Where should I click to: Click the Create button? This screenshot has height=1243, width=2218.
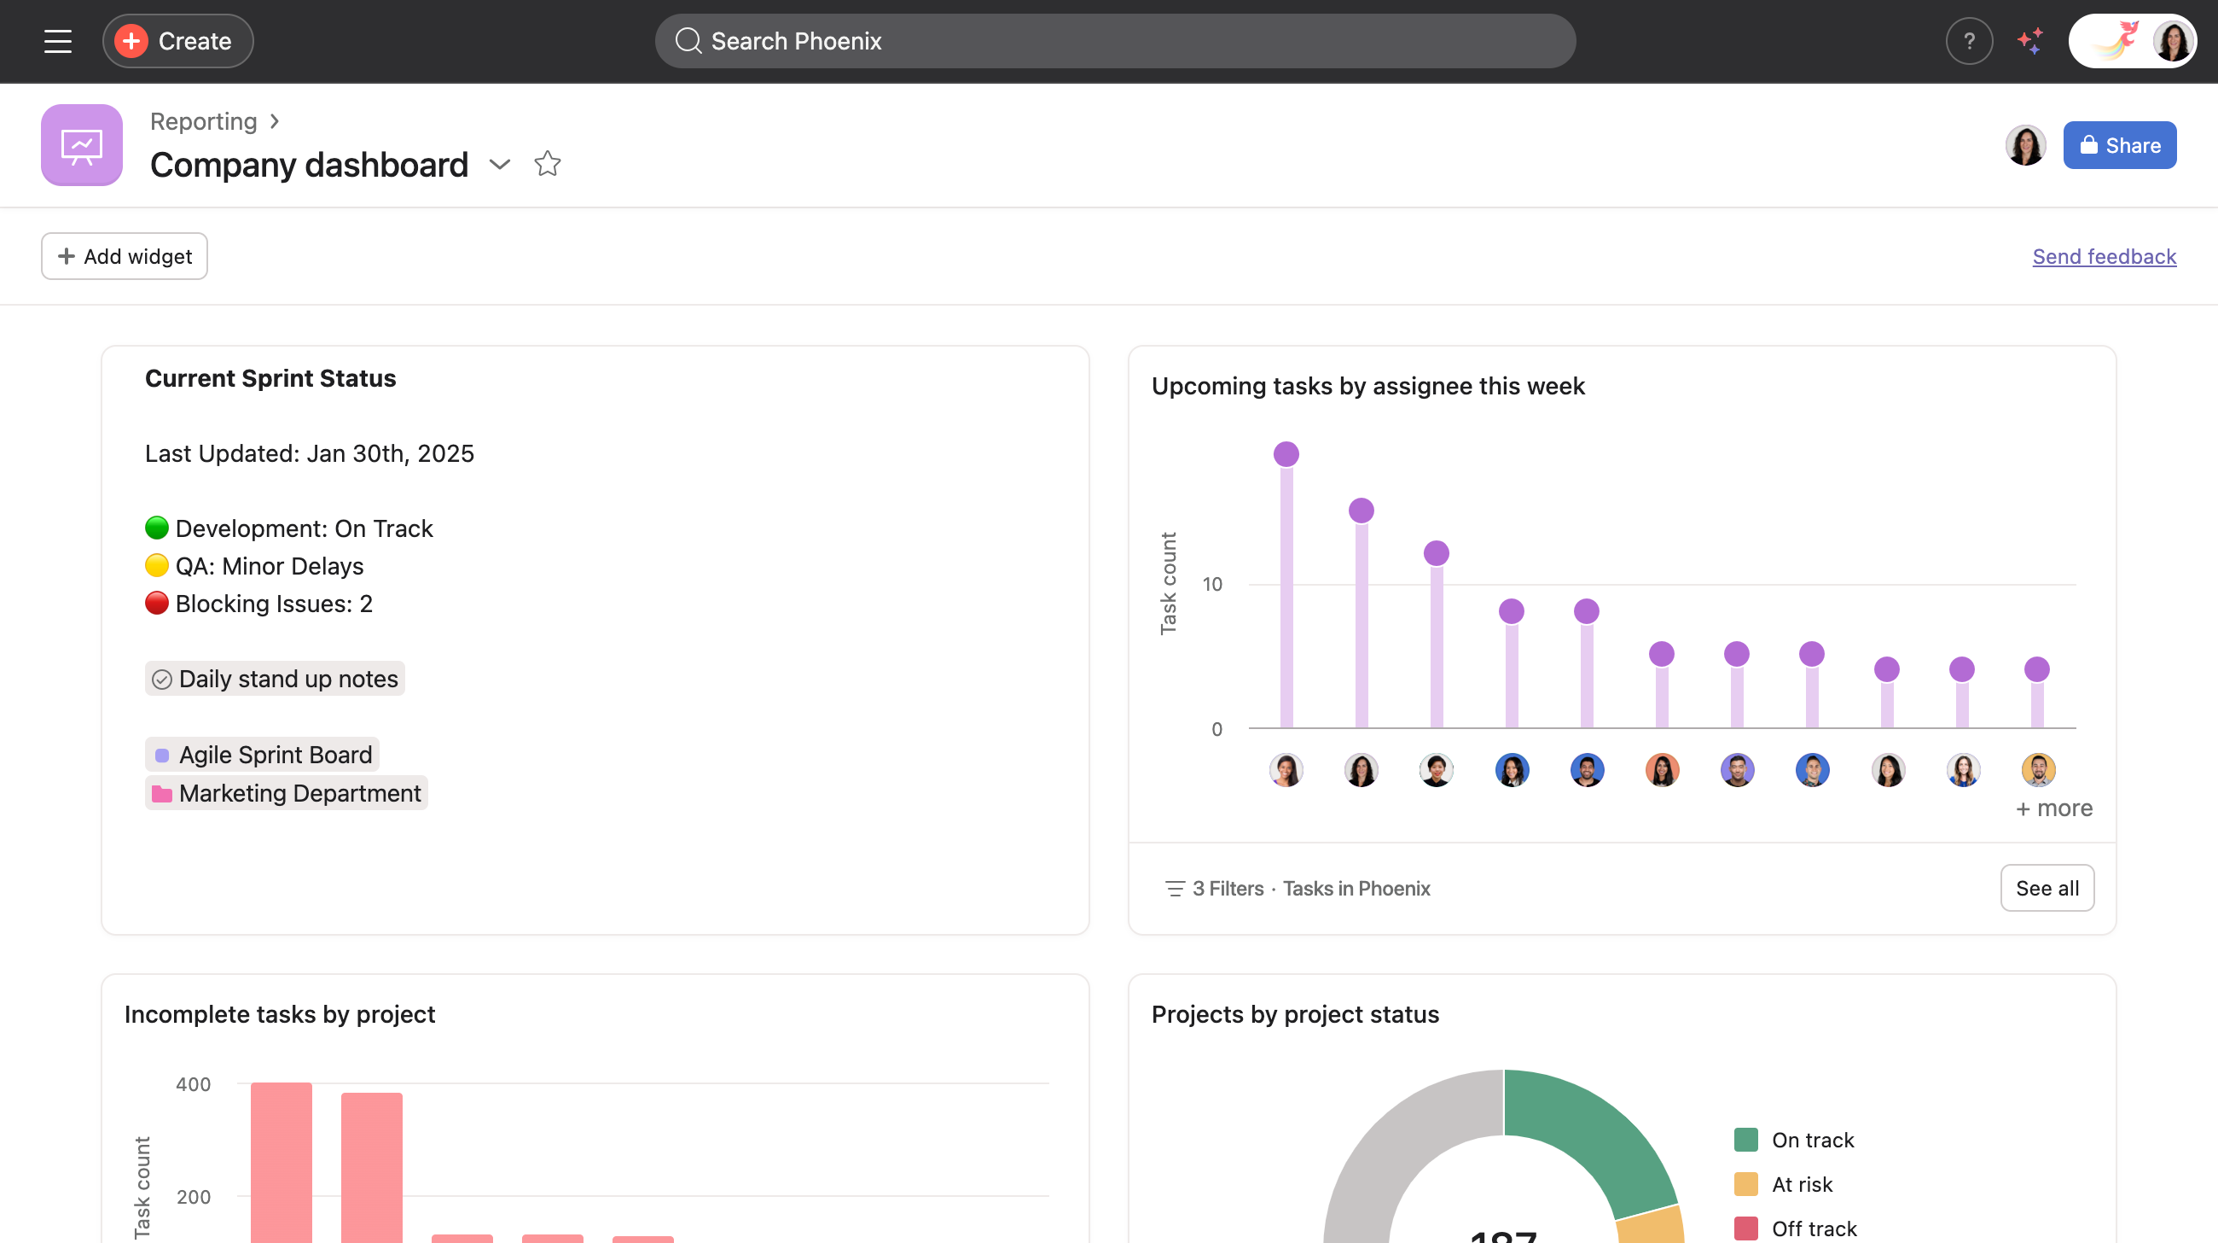tap(177, 40)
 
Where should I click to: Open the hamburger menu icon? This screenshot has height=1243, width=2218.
tap(58, 40)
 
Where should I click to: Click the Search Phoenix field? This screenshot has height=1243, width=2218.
tap(1114, 40)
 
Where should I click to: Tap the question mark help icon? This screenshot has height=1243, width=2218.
tap(1968, 40)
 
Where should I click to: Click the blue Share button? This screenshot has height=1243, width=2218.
tap(2119, 145)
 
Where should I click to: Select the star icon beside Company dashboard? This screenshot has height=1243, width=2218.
tap(548, 164)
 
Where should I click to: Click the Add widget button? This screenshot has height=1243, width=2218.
tap(124, 256)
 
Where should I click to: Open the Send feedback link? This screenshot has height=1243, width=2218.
tap(2104, 256)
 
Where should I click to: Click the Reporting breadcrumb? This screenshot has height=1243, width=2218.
tap(203, 121)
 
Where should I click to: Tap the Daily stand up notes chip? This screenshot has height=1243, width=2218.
tap(275, 679)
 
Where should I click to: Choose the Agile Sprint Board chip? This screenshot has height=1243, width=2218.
tap(262, 755)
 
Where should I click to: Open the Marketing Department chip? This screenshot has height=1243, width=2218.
tap(286, 792)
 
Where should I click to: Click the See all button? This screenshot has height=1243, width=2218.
tap(2047, 888)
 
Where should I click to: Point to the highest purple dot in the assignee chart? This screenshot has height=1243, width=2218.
tap(1286, 454)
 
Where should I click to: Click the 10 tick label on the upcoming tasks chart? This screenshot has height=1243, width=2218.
tap(1211, 584)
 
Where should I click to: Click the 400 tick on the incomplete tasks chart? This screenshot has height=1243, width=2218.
tap(193, 1083)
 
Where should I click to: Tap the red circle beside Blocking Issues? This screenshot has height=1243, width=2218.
tap(157, 603)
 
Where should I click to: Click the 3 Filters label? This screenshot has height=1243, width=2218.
tap(1227, 888)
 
